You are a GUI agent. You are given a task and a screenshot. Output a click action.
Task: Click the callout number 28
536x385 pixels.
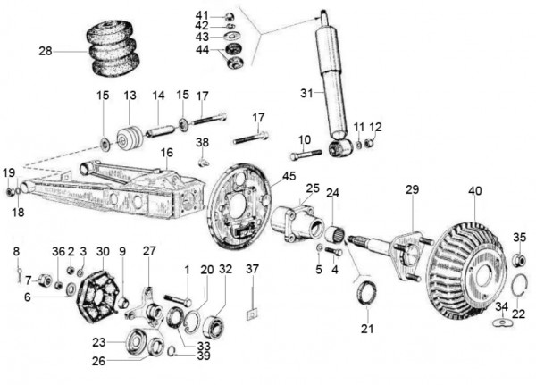pyautogui.click(x=46, y=51)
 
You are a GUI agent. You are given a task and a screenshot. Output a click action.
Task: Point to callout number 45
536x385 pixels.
pyautogui.click(x=288, y=177)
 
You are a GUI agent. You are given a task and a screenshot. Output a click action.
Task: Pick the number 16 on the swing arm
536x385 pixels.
pyautogui.click(x=166, y=153)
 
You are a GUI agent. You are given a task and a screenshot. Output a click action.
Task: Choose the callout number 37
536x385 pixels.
pyautogui.click(x=253, y=269)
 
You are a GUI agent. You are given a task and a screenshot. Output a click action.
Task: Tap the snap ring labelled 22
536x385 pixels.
pyautogui.click(x=519, y=288)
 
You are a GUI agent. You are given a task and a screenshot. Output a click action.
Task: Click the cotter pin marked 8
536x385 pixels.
pyautogui.click(x=18, y=274)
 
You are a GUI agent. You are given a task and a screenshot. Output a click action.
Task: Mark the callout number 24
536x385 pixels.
pyautogui.click(x=332, y=193)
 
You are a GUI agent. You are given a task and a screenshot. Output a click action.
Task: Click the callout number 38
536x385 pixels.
pyautogui.click(x=203, y=142)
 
